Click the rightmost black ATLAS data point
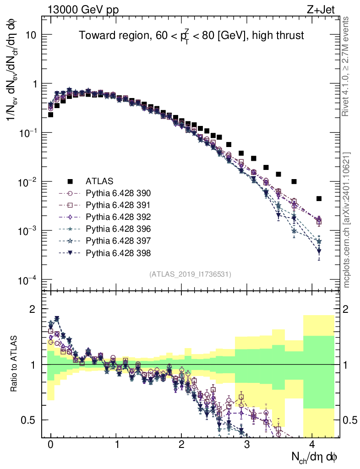tap(319, 198)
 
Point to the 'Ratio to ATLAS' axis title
tap(15, 364)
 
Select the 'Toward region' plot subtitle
tap(191, 36)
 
